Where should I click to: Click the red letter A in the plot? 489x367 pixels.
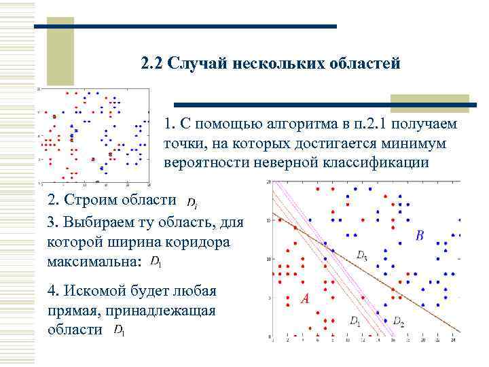tap(305, 299)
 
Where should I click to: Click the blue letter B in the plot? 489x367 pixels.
tap(420, 236)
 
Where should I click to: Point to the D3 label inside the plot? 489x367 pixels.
tap(362, 255)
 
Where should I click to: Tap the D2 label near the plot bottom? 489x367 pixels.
tap(398, 321)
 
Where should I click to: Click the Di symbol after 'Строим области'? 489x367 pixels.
tap(193, 203)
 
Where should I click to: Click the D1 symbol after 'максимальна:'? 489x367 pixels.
tap(156, 262)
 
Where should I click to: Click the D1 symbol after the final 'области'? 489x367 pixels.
tap(119, 330)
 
